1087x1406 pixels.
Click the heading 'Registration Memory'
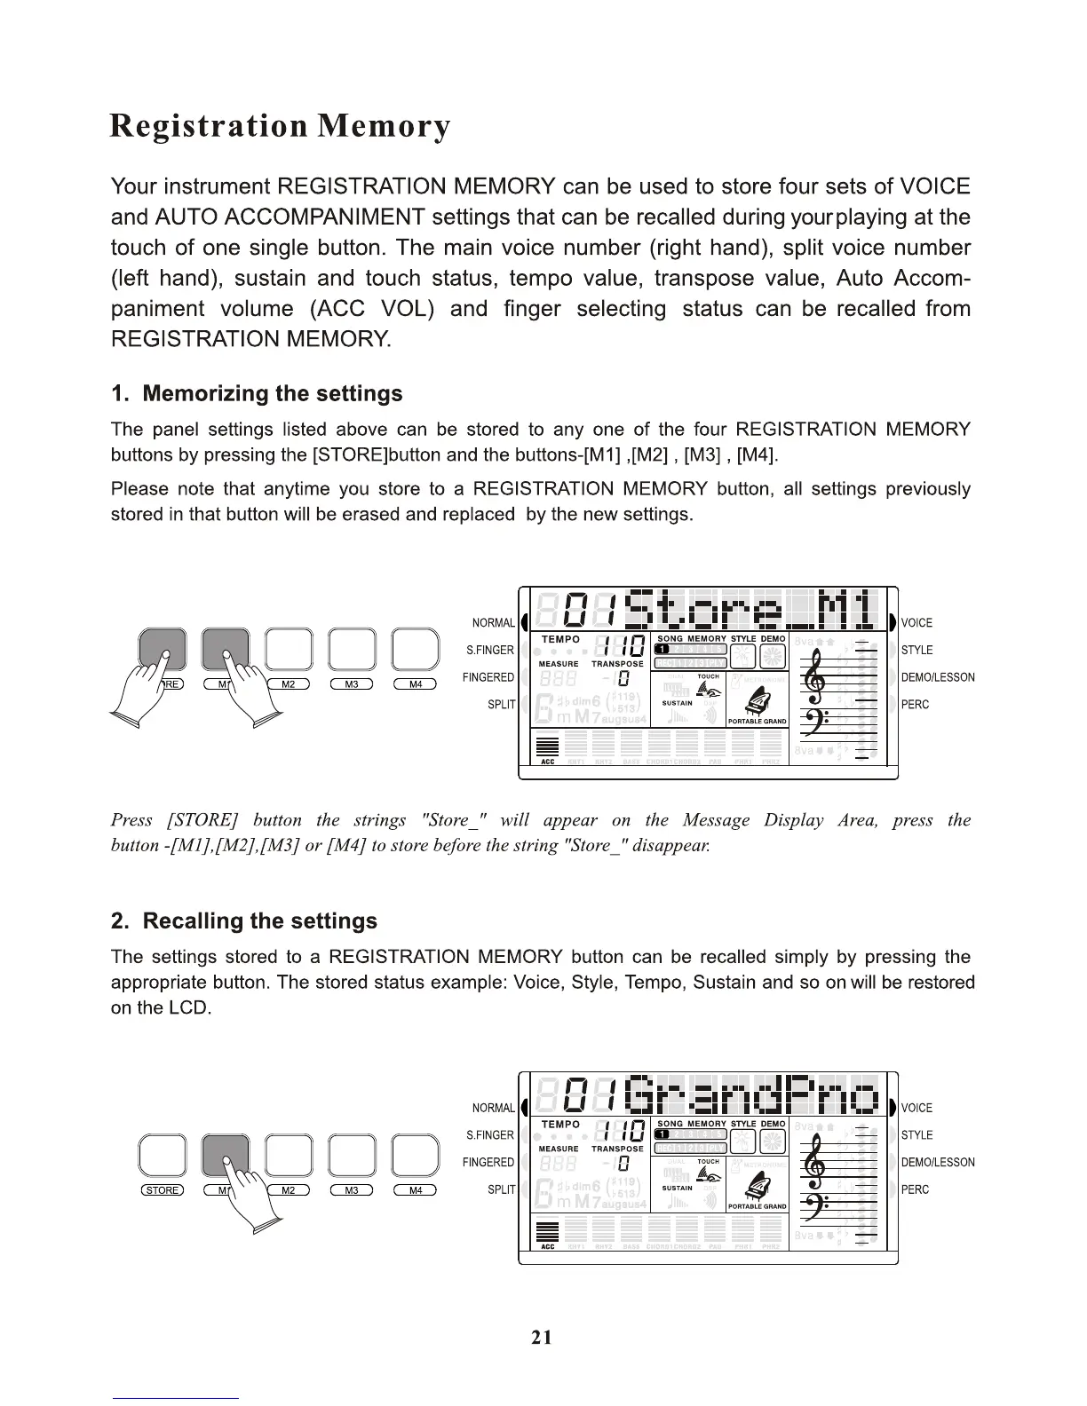point(280,127)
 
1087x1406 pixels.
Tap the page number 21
point(542,1337)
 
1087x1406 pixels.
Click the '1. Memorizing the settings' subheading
point(257,393)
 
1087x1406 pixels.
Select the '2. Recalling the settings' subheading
point(244,920)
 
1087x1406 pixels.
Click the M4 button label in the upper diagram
point(416,683)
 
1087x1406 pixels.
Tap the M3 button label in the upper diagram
point(352,683)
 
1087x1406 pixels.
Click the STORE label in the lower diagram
point(163,1190)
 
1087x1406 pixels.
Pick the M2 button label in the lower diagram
point(288,1190)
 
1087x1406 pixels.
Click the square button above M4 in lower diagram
point(416,1156)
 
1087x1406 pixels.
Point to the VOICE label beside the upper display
point(916,623)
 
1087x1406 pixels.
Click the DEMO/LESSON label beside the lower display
point(938,1163)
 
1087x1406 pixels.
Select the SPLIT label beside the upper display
point(501,705)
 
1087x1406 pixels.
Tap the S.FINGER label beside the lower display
point(490,1135)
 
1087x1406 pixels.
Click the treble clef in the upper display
point(815,676)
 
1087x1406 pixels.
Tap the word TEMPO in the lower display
point(560,1125)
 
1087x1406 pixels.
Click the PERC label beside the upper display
point(915,705)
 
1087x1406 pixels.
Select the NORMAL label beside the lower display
point(494,1108)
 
